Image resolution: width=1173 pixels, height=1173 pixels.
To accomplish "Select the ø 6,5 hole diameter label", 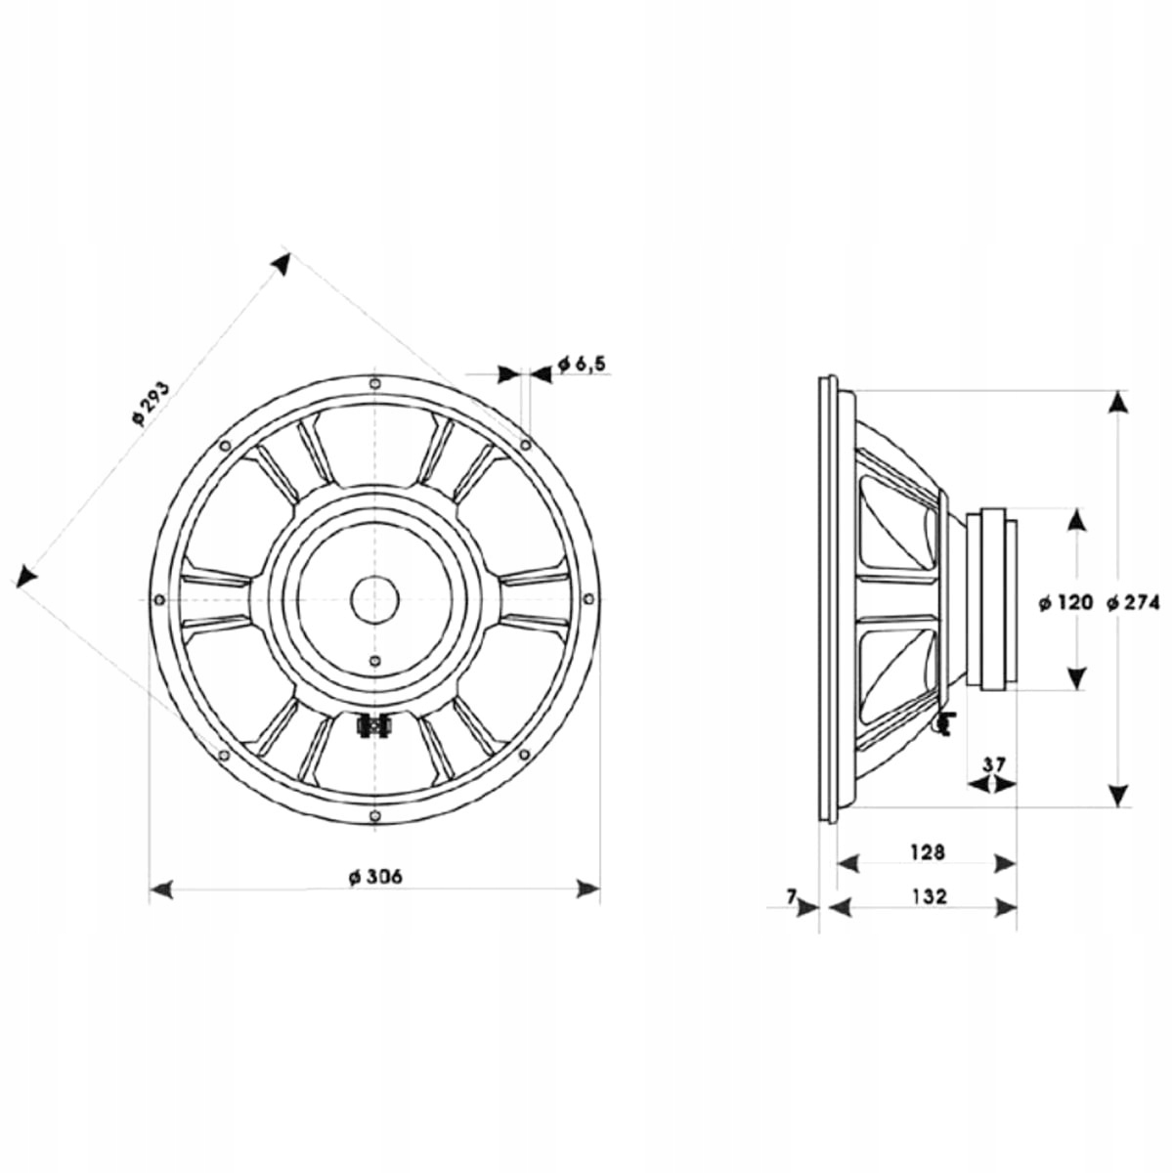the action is [x=582, y=365].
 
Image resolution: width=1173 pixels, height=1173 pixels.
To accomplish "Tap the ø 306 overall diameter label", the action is [x=375, y=877].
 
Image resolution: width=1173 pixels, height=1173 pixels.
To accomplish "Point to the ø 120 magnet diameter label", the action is [x=1065, y=603].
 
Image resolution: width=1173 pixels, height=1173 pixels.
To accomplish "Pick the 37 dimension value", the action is [x=994, y=764].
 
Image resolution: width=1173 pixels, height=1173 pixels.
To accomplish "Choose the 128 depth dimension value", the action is [x=927, y=852].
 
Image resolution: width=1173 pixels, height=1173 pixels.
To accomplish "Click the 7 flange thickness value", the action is [x=791, y=895].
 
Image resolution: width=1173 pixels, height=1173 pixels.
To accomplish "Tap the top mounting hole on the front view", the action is [x=375, y=384].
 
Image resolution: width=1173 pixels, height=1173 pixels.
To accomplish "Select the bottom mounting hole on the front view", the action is [x=375, y=815].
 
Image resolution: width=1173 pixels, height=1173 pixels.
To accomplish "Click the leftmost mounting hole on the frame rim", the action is [x=159, y=600].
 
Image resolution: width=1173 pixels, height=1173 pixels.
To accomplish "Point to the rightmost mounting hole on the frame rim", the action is [x=588, y=600].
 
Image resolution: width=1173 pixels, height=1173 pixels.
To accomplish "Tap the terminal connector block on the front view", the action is [x=374, y=726].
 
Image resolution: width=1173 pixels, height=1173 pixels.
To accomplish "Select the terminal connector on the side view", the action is [x=944, y=723].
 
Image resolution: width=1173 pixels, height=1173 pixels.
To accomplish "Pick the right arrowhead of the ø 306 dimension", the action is [x=588, y=890].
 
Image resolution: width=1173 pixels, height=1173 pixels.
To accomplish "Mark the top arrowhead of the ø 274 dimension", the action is [x=1117, y=403].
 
